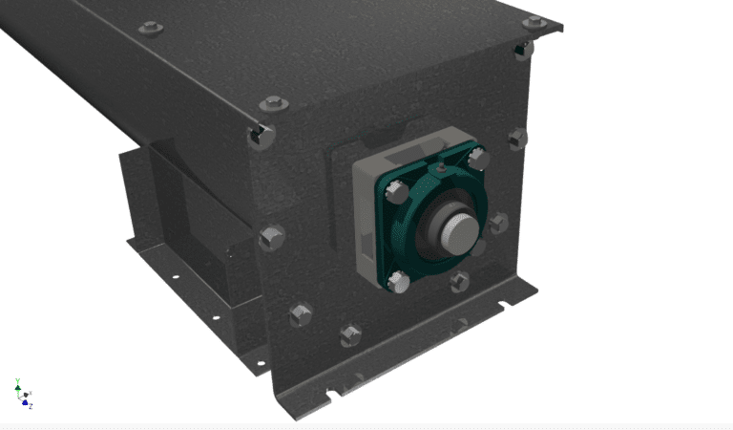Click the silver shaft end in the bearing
tap(456, 229)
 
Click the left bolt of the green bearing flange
tap(392, 192)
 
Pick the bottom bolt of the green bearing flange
tap(400, 282)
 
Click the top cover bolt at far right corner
tap(534, 21)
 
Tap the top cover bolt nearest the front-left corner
tap(271, 103)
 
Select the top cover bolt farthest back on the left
tap(150, 28)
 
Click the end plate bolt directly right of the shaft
tap(499, 224)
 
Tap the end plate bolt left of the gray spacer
tap(272, 236)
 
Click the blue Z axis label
tap(30, 406)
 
